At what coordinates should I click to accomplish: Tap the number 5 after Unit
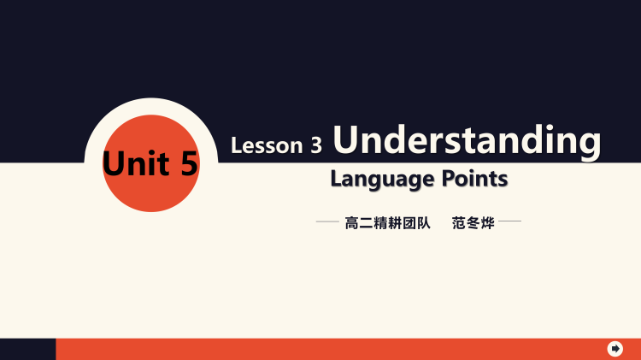point(188,162)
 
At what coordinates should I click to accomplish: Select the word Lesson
point(266,145)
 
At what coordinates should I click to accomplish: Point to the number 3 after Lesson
point(317,146)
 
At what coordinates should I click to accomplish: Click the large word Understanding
point(467,139)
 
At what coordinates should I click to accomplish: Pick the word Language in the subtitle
point(382,180)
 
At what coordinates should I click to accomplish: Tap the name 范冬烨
point(473,224)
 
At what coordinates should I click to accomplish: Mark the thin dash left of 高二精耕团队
point(327,223)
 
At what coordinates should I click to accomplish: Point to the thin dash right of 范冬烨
point(509,223)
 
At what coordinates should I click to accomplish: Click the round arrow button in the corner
point(615,348)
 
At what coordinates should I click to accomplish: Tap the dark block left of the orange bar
point(27,349)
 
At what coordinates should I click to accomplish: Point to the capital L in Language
point(336,179)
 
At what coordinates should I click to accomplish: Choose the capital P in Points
point(450,179)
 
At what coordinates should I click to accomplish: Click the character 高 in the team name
point(351,224)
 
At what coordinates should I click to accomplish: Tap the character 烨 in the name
point(488,224)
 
